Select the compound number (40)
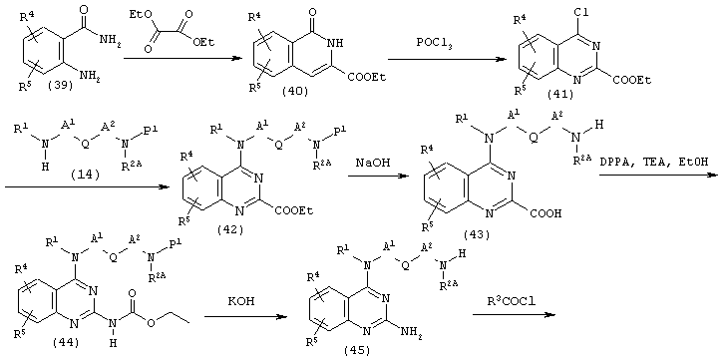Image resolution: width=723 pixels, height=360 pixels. coord(294,92)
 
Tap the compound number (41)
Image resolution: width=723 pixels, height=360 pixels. coord(560,95)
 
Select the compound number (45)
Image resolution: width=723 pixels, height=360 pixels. coord(357,351)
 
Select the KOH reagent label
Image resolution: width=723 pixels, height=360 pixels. coord(240,304)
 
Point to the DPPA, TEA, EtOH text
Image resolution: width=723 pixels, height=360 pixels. coord(655,163)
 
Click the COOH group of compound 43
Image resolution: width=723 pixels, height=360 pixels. coord(545,213)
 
